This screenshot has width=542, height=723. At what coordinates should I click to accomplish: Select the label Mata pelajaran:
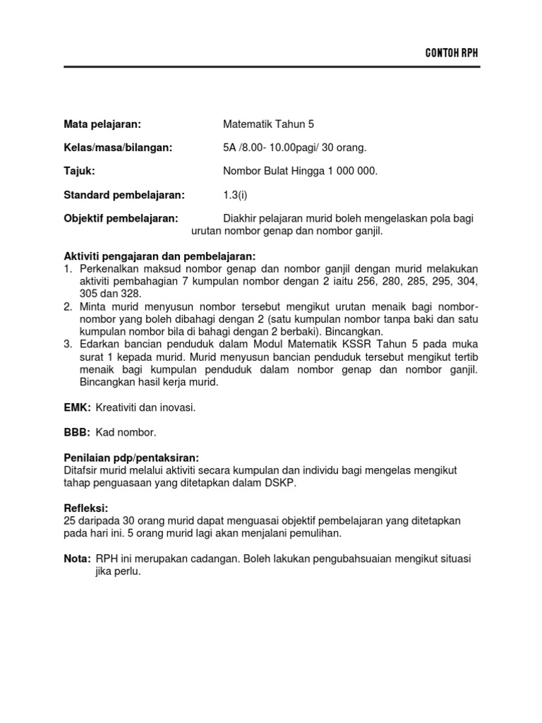103,124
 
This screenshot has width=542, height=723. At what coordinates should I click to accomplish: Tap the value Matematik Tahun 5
268,124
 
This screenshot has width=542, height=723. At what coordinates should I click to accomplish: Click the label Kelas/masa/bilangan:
118,148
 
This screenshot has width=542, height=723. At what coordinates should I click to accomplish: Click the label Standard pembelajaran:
124,194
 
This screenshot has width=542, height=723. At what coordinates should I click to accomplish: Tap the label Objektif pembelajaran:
121,218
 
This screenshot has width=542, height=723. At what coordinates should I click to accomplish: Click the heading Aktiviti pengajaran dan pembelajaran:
159,256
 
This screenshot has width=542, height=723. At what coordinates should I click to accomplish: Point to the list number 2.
68,306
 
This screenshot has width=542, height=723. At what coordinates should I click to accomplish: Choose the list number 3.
68,344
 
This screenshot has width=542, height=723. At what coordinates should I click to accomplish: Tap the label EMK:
77,407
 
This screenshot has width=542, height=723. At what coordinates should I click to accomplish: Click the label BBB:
77,431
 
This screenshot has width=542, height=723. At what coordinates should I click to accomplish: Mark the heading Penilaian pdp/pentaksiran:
131,458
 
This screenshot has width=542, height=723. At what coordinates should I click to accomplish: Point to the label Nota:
78,558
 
